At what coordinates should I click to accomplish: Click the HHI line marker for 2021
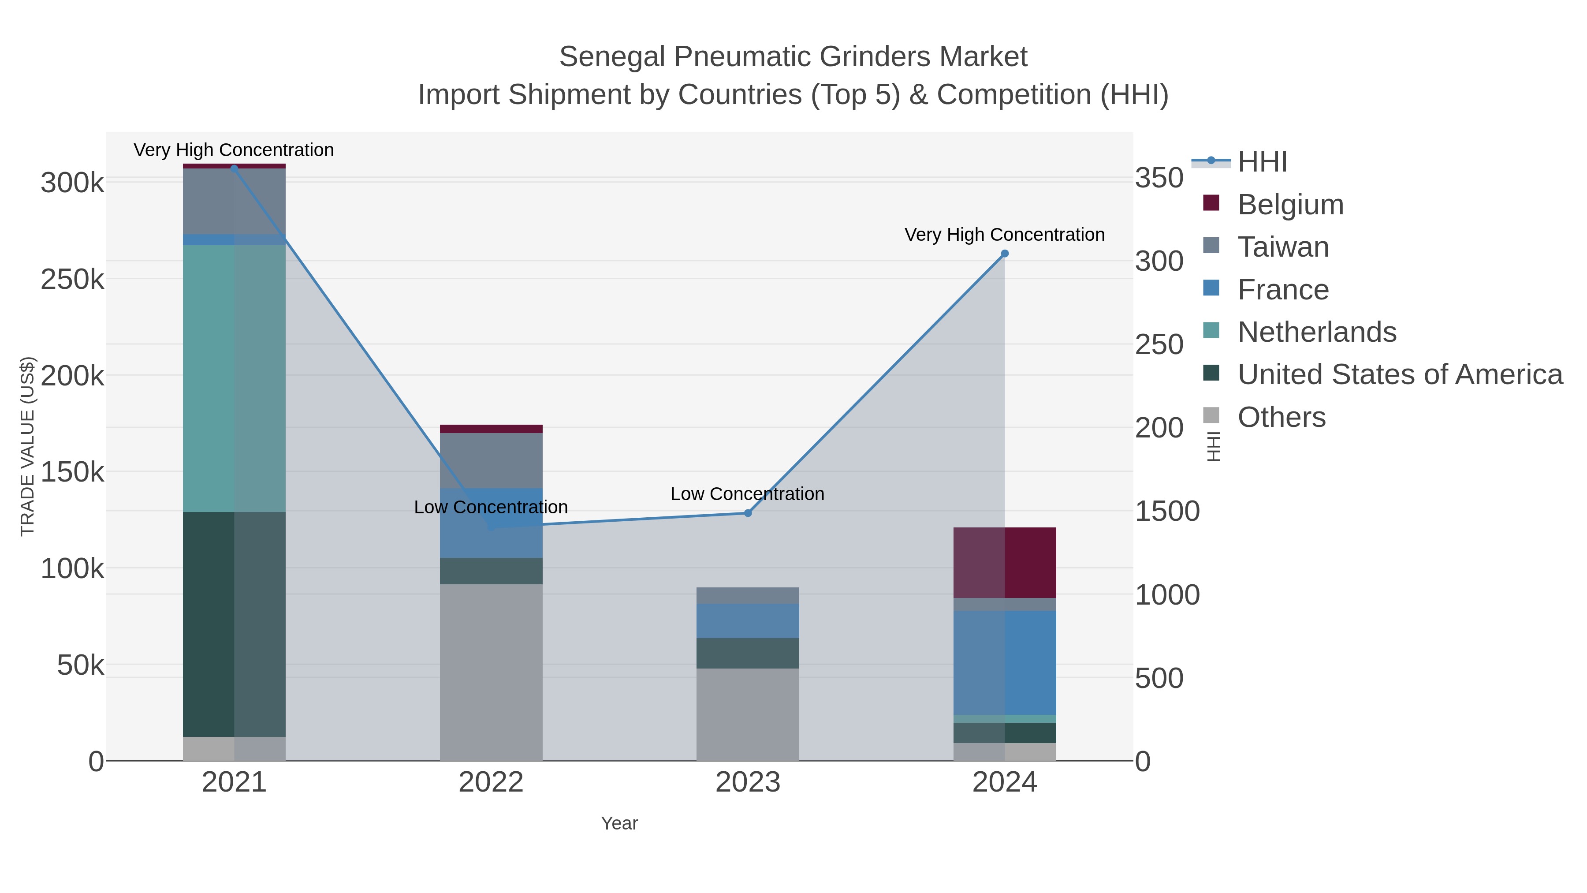coord(234,168)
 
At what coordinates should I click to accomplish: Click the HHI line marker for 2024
coord(1005,253)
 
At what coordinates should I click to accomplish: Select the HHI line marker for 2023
coord(748,513)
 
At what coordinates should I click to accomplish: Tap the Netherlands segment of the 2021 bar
coord(234,378)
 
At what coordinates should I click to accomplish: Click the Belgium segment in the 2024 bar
coord(1005,562)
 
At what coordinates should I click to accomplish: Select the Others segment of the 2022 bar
coord(491,672)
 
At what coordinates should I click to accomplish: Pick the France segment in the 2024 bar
coord(1005,662)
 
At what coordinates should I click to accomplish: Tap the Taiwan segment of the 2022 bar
coord(491,460)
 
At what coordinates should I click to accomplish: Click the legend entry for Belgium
coord(1290,205)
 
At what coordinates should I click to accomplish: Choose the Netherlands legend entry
coord(1316,332)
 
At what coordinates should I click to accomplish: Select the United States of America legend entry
coord(1399,375)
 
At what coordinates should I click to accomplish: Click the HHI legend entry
coord(1262,162)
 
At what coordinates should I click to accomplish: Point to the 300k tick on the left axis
coord(72,183)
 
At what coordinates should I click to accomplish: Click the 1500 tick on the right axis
coord(1167,511)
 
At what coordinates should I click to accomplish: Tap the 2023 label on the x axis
coord(748,782)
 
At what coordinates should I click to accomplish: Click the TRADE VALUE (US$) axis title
coord(28,446)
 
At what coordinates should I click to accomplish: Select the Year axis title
coord(619,823)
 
